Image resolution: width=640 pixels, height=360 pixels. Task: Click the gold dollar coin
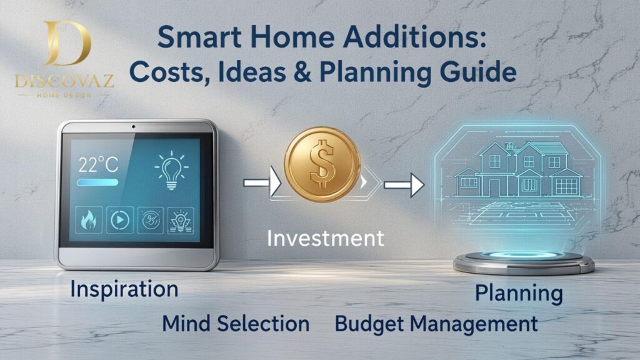[322, 164]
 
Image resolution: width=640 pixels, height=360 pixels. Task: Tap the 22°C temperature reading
[98, 165]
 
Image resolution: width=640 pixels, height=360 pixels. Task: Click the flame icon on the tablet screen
[88, 221]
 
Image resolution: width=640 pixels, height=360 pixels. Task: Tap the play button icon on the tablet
[120, 221]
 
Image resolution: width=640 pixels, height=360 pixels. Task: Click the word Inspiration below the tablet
[124, 289]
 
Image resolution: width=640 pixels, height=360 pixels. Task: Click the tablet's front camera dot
[134, 127]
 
